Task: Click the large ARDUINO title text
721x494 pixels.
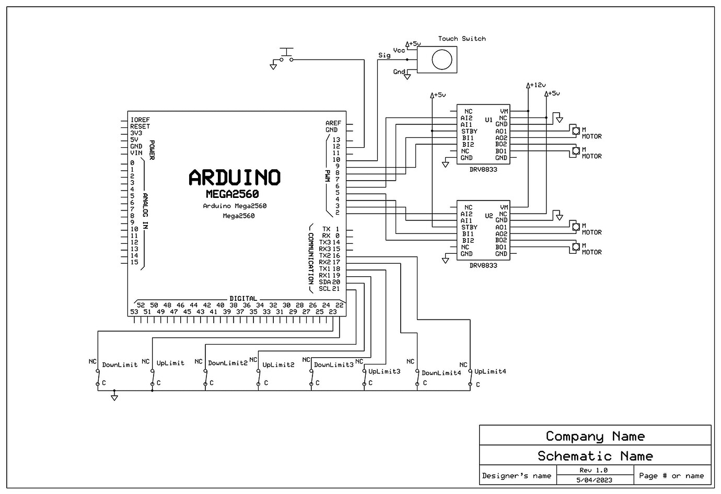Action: [x=235, y=178]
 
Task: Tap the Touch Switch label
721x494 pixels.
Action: [x=461, y=39]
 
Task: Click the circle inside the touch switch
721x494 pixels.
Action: [x=442, y=60]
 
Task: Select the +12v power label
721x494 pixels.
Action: [x=537, y=85]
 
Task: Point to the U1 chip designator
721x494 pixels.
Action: [x=489, y=120]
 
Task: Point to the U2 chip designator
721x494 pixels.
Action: [x=489, y=216]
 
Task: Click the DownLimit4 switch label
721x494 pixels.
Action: [x=441, y=373]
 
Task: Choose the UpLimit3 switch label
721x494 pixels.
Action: [x=384, y=371]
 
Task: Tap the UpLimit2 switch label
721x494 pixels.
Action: [x=278, y=365]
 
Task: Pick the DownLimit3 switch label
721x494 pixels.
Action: [x=333, y=364]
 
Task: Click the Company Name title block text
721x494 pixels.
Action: [x=595, y=436]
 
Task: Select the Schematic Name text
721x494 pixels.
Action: [x=595, y=456]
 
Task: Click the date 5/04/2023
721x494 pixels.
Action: [x=594, y=480]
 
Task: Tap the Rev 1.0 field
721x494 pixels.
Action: [x=594, y=470]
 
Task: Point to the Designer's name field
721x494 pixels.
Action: [x=516, y=476]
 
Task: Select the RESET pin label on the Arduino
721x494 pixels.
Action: [x=140, y=126]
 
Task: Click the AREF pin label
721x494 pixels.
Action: [x=333, y=123]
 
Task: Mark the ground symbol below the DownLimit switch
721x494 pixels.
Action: [x=114, y=398]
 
